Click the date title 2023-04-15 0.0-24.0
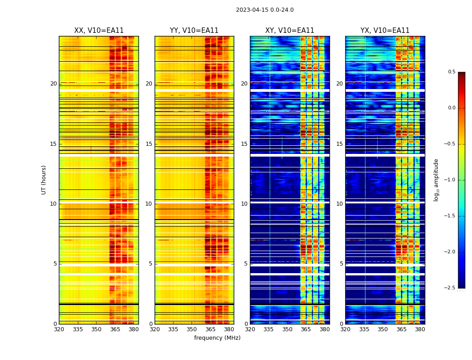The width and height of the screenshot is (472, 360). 265,10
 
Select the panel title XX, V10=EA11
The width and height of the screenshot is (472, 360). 99,31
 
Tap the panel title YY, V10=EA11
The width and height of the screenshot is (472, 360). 194,31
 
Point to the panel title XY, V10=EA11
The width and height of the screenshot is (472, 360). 289,31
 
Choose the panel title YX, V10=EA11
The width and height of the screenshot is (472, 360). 385,31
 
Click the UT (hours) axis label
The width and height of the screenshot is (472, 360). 44,180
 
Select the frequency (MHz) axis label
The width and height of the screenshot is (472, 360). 217,338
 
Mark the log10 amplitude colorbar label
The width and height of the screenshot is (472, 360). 436,180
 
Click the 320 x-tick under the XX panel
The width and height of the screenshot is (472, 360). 59,329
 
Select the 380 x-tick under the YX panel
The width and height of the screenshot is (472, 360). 420,329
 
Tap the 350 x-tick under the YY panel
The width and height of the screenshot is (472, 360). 192,329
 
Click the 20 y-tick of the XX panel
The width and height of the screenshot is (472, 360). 53,84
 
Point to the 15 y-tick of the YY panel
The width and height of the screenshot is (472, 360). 149,144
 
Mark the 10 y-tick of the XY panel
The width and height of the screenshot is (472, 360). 244,204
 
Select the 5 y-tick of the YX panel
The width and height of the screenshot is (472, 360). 341,264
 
